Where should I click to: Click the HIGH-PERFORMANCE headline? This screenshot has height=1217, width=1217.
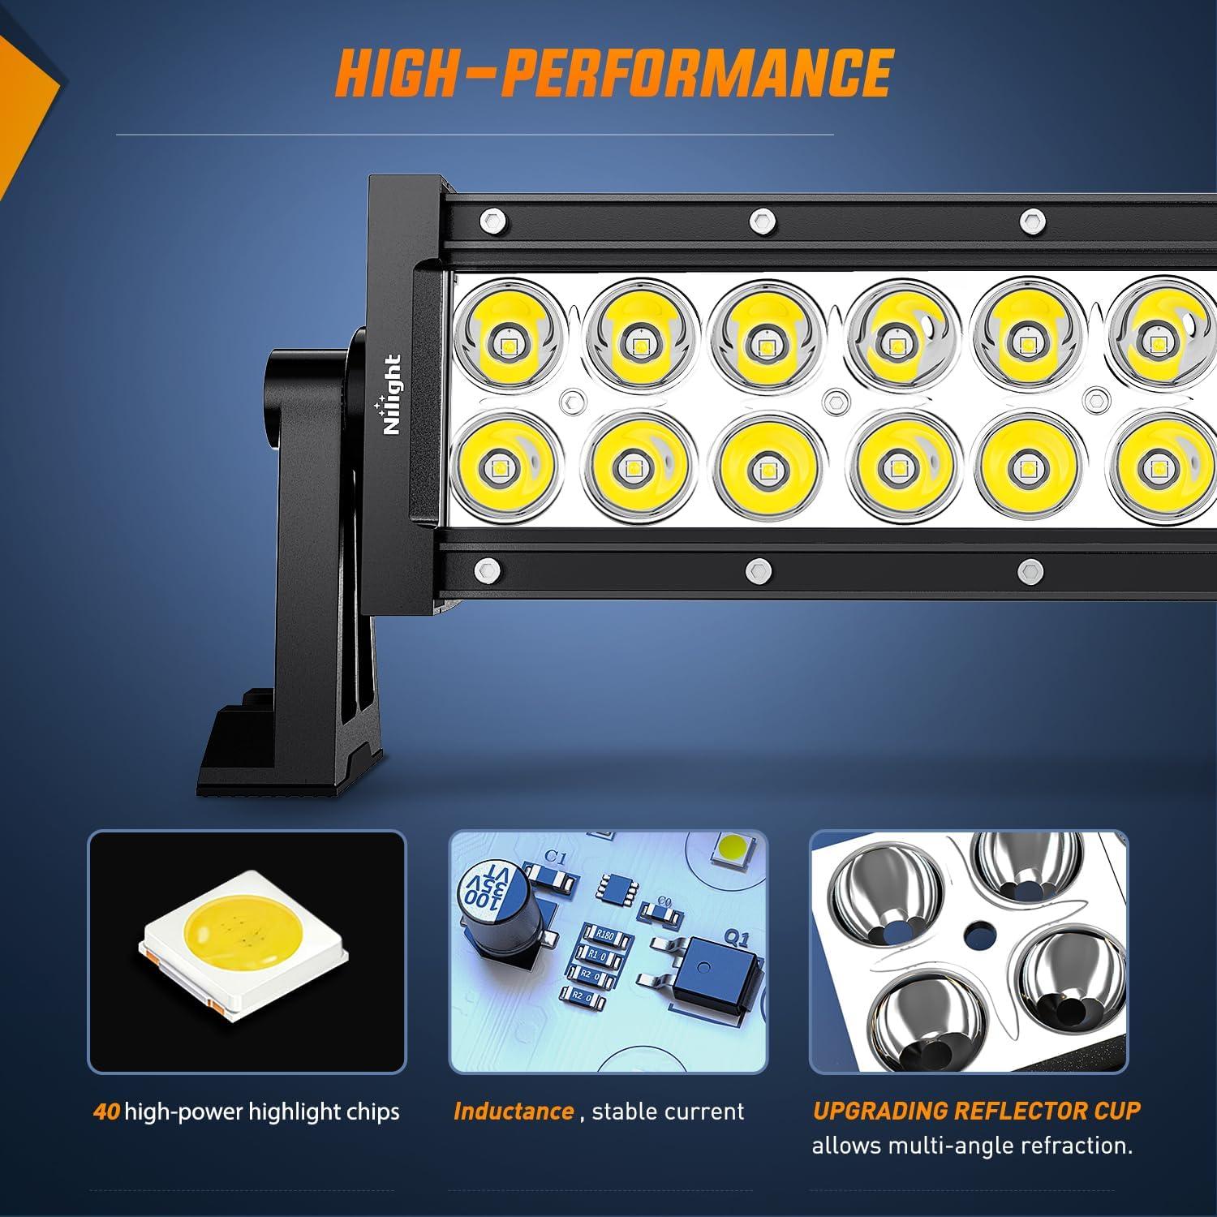(614, 74)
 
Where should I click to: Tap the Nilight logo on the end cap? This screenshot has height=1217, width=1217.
(392, 395)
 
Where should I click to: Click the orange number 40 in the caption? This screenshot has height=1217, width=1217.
(106, 1111)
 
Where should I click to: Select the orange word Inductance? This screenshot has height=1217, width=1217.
(513, 1111)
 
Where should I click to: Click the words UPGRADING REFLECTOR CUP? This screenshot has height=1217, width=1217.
(976, 1110)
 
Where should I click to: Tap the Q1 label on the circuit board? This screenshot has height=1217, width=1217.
(735, 939)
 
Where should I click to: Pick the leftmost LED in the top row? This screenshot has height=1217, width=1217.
(509, 333)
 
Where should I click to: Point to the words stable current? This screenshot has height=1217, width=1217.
(668, 1111)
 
